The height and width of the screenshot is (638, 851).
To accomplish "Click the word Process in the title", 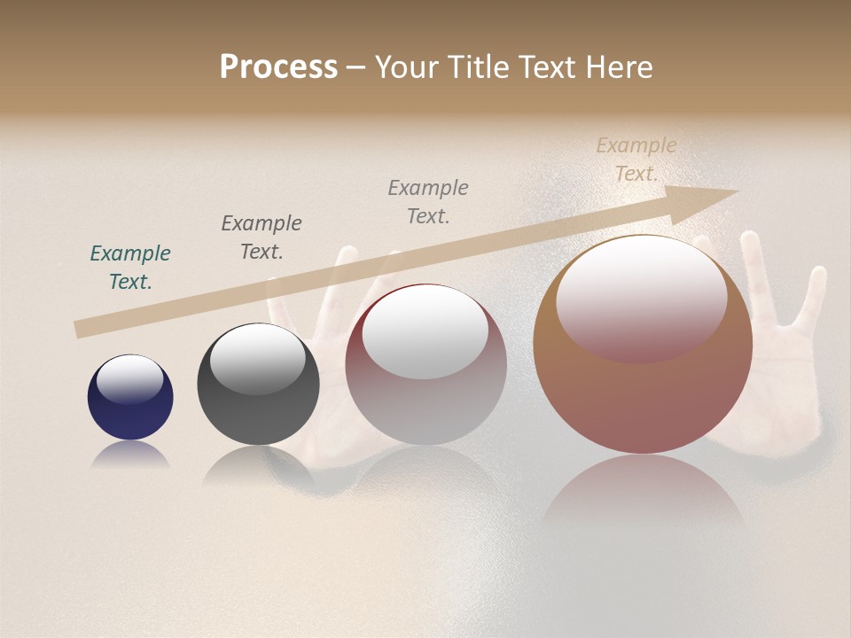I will (278, 67).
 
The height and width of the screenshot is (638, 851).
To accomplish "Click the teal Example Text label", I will (130, 268).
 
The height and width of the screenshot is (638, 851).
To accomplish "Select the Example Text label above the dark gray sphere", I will (262, 237).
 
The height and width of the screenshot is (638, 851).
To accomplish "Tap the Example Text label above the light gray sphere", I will (428, 201).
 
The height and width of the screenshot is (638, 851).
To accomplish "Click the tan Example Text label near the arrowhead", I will (636, 159).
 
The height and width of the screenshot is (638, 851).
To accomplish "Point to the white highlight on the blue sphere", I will (130, 379).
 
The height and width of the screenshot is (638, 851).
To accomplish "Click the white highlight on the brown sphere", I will (641, 300).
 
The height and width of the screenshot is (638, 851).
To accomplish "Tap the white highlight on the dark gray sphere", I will (257, 358).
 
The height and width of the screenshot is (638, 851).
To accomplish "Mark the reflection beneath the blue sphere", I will (130, 454).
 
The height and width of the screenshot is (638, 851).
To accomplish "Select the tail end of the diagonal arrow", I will (80, 330).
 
